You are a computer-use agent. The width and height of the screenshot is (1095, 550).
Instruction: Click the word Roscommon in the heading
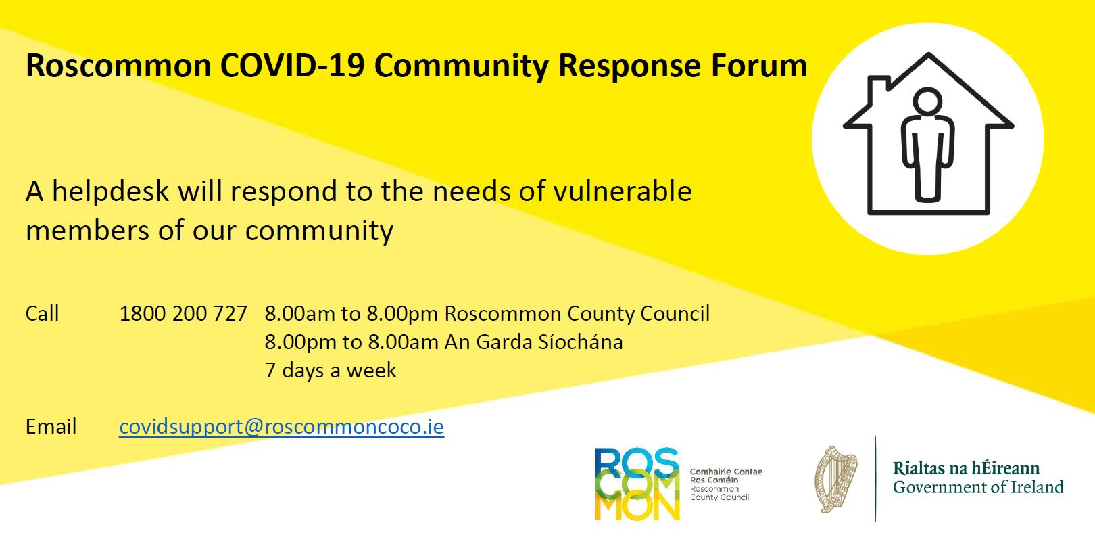coord(118,66)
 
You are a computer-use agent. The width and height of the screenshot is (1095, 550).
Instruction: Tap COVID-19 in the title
coord(292,66)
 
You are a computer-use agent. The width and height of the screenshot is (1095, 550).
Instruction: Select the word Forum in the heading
coord(758,66)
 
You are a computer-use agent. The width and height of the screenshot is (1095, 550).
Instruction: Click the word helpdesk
coord(110,191)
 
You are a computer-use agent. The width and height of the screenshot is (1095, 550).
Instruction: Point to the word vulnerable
coord(623,191)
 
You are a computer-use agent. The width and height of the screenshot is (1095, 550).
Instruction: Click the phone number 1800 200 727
coord(183,314)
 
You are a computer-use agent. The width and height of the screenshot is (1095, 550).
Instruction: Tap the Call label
coord(42,314)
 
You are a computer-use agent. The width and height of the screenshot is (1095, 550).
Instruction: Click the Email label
coord(51,427)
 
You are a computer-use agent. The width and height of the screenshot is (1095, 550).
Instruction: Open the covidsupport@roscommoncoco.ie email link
coord(282,427)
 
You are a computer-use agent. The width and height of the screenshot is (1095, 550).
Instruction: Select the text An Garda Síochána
coord(534,342)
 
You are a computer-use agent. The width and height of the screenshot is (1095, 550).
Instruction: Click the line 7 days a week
coord(331,371)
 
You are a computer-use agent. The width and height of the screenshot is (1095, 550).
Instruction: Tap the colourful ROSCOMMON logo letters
coord(637,484)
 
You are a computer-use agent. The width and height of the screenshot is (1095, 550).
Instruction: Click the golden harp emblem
coord(836,479)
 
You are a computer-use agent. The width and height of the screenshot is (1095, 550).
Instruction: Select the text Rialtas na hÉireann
coord(966,468)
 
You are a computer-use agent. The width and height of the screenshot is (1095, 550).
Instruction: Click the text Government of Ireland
coord(978,487)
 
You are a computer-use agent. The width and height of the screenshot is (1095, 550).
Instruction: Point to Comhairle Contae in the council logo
coord(726,472)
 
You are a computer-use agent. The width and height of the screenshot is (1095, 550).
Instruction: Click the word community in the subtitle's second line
coord(319,231)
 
